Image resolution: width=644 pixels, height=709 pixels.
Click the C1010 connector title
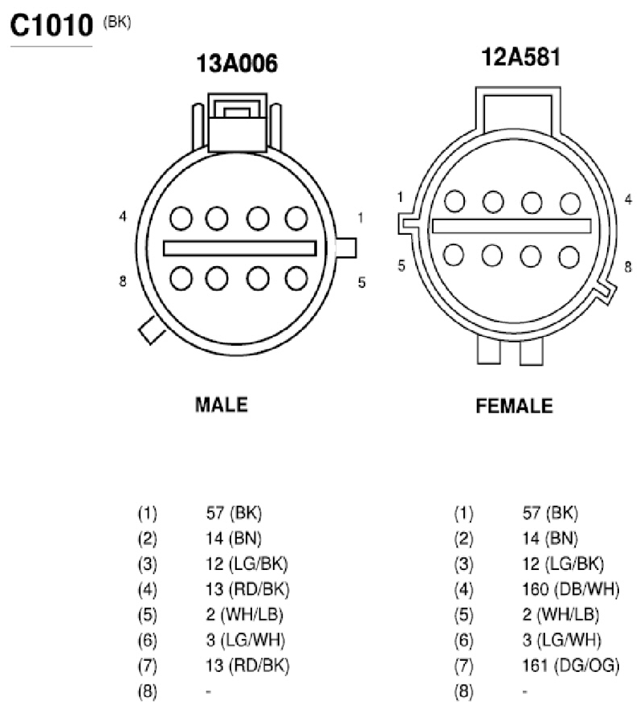tap(51, 26)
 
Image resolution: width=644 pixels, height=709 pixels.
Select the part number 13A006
tap(237, 64)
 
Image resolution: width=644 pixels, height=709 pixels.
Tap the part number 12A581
tap(520, 57)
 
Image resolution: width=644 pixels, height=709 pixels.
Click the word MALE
tap(222, 404)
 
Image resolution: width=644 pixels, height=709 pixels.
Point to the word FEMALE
tap(515, 406)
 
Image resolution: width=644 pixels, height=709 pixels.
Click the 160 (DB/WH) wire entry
tap(571, 589)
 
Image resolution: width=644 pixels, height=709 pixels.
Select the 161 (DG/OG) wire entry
tap(571, 665)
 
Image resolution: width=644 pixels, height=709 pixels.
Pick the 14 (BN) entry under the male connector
tap(234, 538)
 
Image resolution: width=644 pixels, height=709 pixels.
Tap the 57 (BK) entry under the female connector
tap(550, 513)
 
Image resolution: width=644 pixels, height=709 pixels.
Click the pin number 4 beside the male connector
tap(123, 216)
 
